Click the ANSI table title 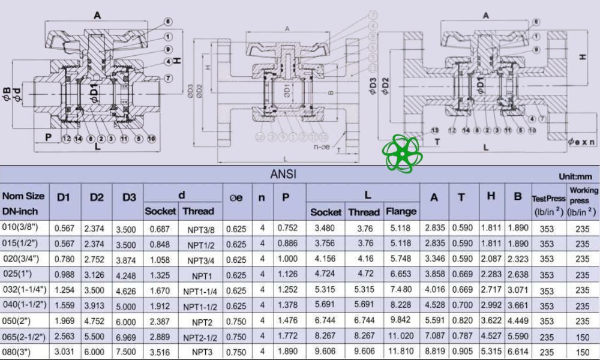click(283, 175)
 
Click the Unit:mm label click(575, 176)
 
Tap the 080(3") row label click(21, 351)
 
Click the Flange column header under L click(401, 211)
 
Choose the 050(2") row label click(21, 321)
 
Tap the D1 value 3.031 click(64, 351)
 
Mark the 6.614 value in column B click(518, 351)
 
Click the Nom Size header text click(23, 196)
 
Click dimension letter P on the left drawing click(47, 136)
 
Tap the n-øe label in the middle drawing click(324, 146)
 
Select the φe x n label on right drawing click(581, 142)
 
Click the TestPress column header click(548, 198)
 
